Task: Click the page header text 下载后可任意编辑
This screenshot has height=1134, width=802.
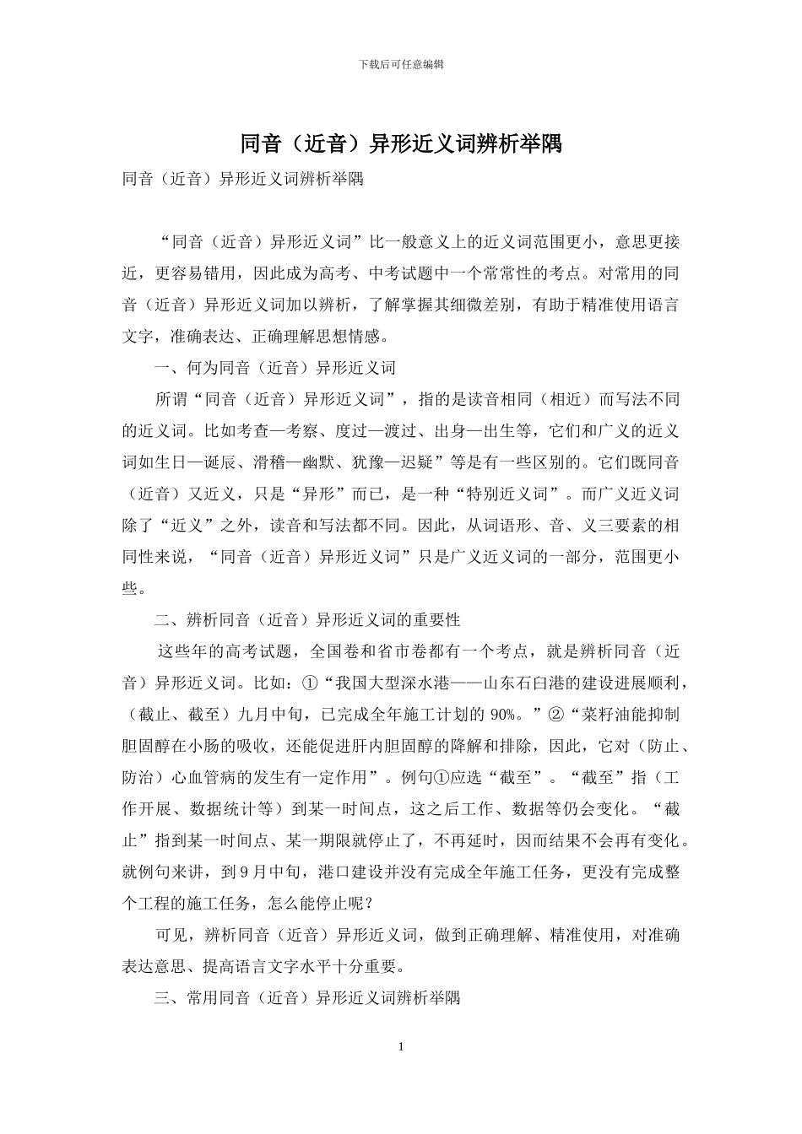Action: click(x=401, y=63)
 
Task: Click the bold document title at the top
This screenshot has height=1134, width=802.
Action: click(x=401, y=143)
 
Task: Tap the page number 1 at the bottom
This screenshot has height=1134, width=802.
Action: click(x=401, y=1046)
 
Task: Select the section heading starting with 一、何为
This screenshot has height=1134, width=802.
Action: click(x=275, y=368)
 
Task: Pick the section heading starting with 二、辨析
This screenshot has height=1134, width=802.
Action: click(x=307, y=620)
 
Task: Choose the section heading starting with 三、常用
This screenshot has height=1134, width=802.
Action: click(x=307, y=998)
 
